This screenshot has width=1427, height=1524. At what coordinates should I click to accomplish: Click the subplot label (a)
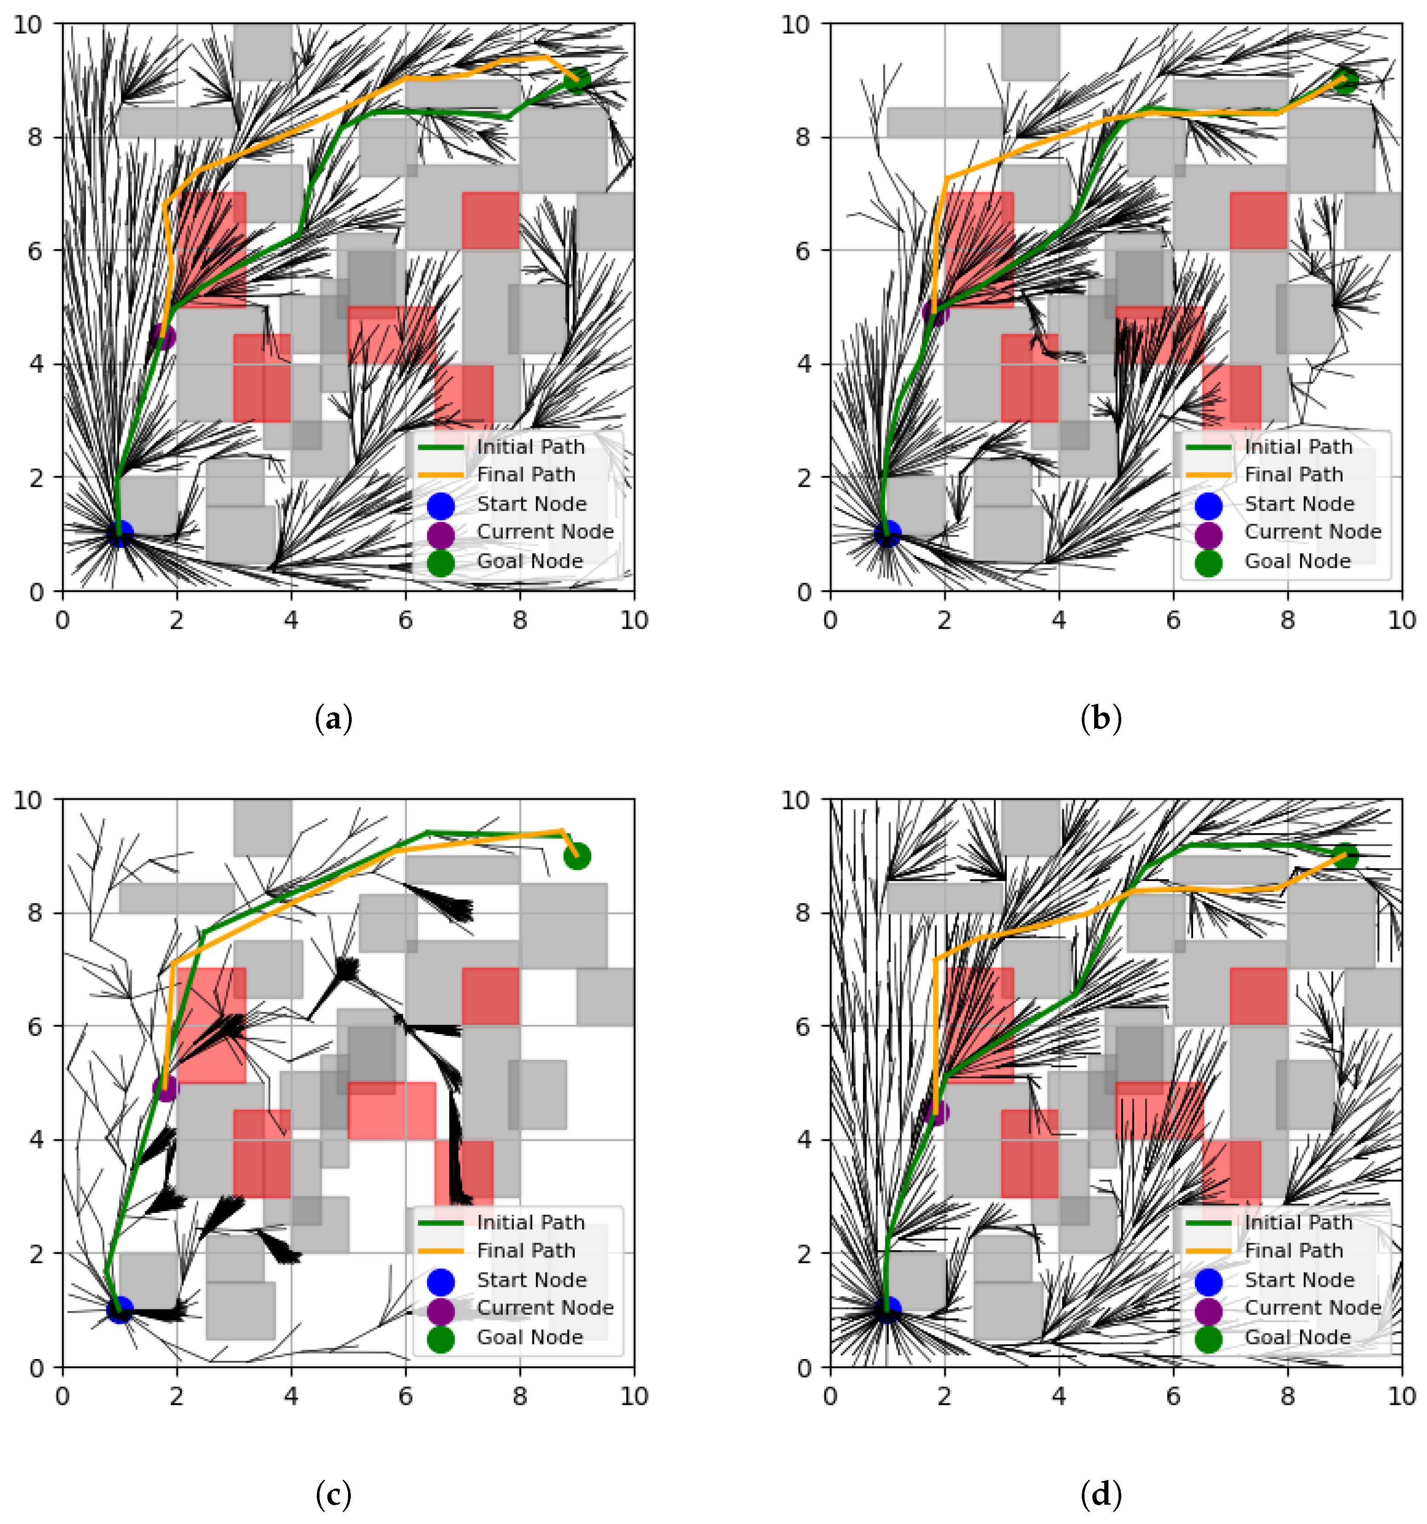tap(334, 719)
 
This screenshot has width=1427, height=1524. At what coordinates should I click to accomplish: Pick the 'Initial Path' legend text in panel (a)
tap(531, 447)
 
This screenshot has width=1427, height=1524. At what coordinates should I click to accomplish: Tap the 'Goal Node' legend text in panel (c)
tap(530, 1337)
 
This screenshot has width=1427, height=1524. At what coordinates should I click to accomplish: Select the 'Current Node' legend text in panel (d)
tap(1313, 1308)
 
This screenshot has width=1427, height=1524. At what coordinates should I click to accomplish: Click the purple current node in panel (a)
tap(162, 336)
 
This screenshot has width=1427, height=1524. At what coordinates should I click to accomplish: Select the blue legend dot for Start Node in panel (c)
tap(441, 1281)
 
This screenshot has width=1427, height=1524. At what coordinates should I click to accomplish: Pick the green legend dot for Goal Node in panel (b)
tap(1209, 563)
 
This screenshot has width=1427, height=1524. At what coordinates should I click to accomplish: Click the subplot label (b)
tap(1100, 719)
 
